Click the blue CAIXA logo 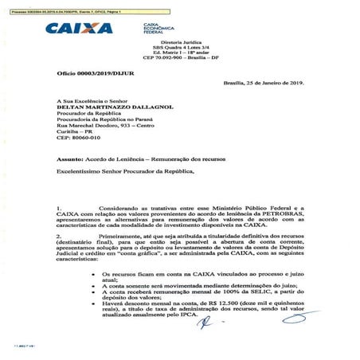[79, 29]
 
